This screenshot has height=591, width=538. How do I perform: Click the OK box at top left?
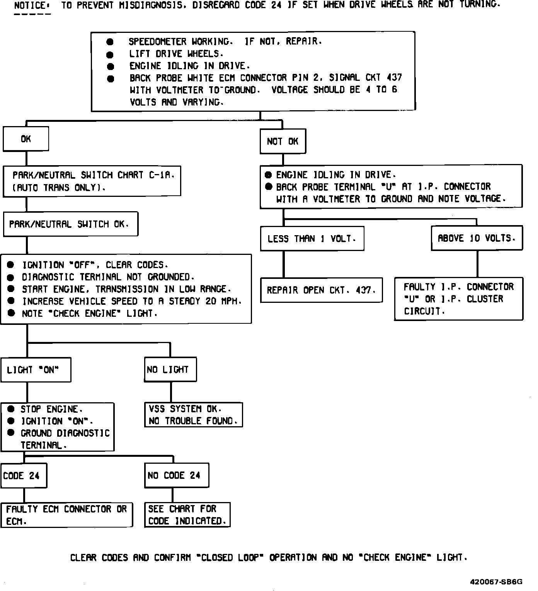26,139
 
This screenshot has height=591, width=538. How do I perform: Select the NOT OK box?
283,141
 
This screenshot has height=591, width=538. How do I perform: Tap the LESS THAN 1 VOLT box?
312,239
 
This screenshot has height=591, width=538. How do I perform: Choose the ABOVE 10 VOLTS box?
477,238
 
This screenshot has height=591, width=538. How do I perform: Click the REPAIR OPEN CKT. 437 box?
321,290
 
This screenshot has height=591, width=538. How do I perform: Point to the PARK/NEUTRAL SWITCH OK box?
70,224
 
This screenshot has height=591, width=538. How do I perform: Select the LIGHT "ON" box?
36,370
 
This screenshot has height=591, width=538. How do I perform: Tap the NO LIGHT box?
170,370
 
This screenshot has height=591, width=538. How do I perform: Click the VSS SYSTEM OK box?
193,415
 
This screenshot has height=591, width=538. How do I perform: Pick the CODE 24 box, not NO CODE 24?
23,475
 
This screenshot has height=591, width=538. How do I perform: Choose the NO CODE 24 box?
176,475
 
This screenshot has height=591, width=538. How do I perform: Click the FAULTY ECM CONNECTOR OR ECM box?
66,515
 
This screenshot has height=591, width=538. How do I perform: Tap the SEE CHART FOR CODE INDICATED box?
187,515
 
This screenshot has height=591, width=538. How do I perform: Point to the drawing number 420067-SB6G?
496,582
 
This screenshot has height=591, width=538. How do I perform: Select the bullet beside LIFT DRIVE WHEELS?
110,54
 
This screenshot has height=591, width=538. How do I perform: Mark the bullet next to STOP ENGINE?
11,409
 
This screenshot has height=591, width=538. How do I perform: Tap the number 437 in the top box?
394,78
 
